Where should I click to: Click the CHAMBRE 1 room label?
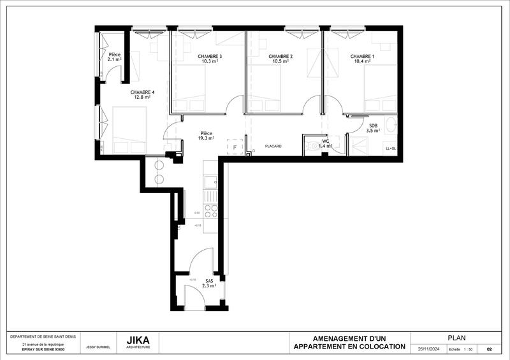coord(362,57)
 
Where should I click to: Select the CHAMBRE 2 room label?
coord(280,57)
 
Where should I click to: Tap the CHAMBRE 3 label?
coord(210,57)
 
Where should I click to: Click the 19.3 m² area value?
coord(206,138)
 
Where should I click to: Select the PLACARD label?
coord(273,147)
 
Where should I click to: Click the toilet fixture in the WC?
coord(312,146)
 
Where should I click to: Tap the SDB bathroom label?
coord(374,125)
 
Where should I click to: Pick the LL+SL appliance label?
coord(390,148)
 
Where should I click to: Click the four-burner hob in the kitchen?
coord(211,211)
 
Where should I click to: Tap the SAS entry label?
coord(209,281)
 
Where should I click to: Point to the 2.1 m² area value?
coord(115,59)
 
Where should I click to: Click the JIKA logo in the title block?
coord(139,340)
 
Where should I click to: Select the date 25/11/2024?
coord(428,349)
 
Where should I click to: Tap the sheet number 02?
coord(489,349)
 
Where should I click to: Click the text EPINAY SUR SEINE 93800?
coord(43,350)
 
